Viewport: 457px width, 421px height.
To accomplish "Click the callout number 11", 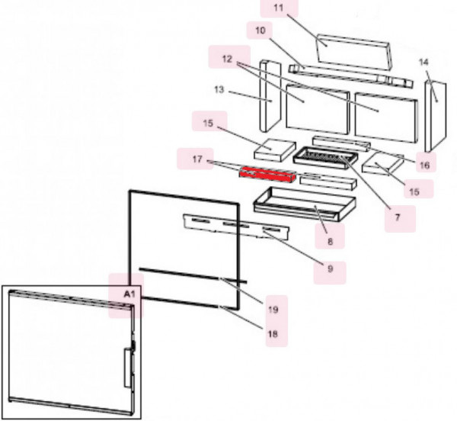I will click(x=277, y=8).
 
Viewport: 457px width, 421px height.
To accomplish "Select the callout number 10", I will click(x=261, y=31).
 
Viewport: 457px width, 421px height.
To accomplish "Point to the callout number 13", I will click(x=219, y=90).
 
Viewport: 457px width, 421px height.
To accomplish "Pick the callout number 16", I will click(x=424, y=164).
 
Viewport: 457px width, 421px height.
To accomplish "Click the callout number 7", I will click(x=397, y=217).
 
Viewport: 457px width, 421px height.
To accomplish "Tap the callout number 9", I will click(x=331, y=268).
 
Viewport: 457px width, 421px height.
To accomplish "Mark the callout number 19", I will click(x=272, y=309).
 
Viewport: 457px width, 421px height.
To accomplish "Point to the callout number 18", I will click(x=272, y=333).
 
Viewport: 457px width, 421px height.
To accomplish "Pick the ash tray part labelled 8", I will click(x=300, y=202).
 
